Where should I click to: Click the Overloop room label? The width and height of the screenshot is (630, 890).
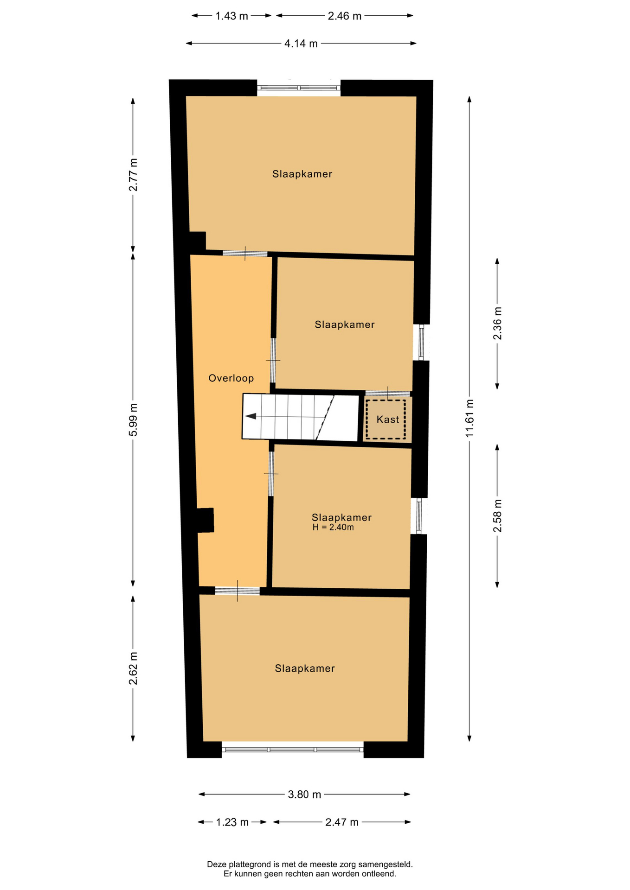coord(231,378)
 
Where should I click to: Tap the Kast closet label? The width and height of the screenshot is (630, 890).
coord(388,420)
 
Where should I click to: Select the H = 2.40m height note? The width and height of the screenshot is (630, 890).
coord(333,528)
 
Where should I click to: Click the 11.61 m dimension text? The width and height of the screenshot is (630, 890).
coord(470,418)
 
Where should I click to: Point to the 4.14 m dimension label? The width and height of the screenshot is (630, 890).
coord(301,44)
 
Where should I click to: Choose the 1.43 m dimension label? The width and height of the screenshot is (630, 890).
coord(232,16)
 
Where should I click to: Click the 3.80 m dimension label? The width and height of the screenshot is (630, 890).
coord(304,795)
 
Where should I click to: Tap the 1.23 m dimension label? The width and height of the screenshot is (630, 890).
coord(232,822)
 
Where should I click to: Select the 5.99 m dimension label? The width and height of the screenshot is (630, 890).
coord(133,420)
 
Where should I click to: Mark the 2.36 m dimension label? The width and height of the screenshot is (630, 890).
coord(497,324)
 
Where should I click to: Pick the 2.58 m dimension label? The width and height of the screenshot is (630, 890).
coord(497,516)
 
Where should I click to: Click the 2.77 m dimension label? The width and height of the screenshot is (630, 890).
coord(133,175)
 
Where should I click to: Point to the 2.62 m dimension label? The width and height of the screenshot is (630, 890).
coord(133,668)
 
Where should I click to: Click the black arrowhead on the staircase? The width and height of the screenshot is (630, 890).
coord(251,416)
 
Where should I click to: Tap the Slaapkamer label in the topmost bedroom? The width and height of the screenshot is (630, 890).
coord(302,174)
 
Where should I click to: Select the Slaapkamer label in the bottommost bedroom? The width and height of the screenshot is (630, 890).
coord(305,668)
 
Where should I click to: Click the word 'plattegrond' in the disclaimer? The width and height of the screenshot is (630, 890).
coord(250,865)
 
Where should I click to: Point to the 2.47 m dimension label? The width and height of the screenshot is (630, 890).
coord(342,822)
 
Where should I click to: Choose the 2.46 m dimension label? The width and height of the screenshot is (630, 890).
coord(345,16)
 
